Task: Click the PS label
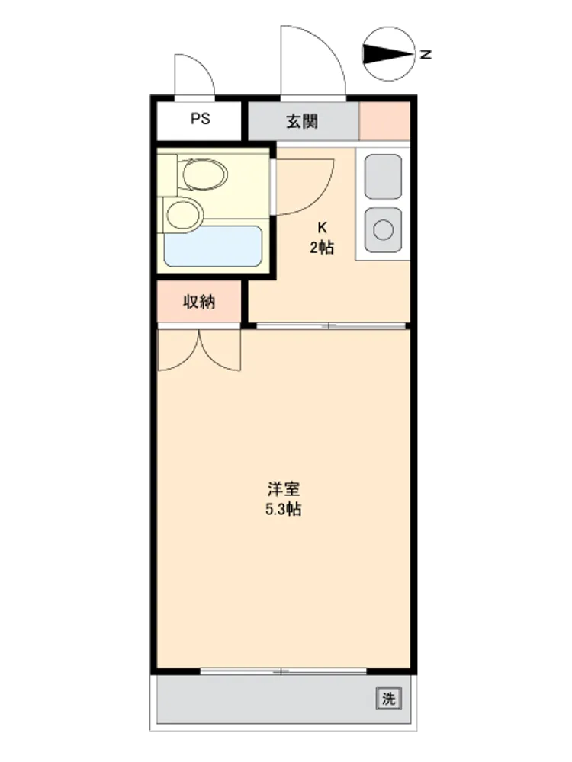pyautogui.click(x=200, y=119)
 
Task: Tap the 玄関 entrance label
pyautogui.click(x=302, y=121)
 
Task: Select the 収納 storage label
pyautogui.click(x=199, y=302)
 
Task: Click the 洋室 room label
pyautogui.click(x=284, y=488)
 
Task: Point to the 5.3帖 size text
pyautogui.click(x=284, y=509)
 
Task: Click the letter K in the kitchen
pyautogui.click(x=322, y=227)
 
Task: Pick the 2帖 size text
pyautogui.click(x=322, y=248)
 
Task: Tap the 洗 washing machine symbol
pyautogui.click(x=389, y=699)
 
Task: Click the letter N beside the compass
pyautogui.click(x=426, y=54)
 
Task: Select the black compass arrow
pyautogui.click(x=387, y=54)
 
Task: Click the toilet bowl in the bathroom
pyautogui.click(x=204, y=174)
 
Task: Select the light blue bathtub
pyautogui.click(x=213, y=246)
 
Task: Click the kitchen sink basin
pyautogui.click(x=384, y=177)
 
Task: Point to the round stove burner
pyautogui.click(x=384, y=230)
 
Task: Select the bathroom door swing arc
pyautogui.click(x=322, y=194)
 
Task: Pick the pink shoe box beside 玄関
pyautogui.click(x=384, y=121)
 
